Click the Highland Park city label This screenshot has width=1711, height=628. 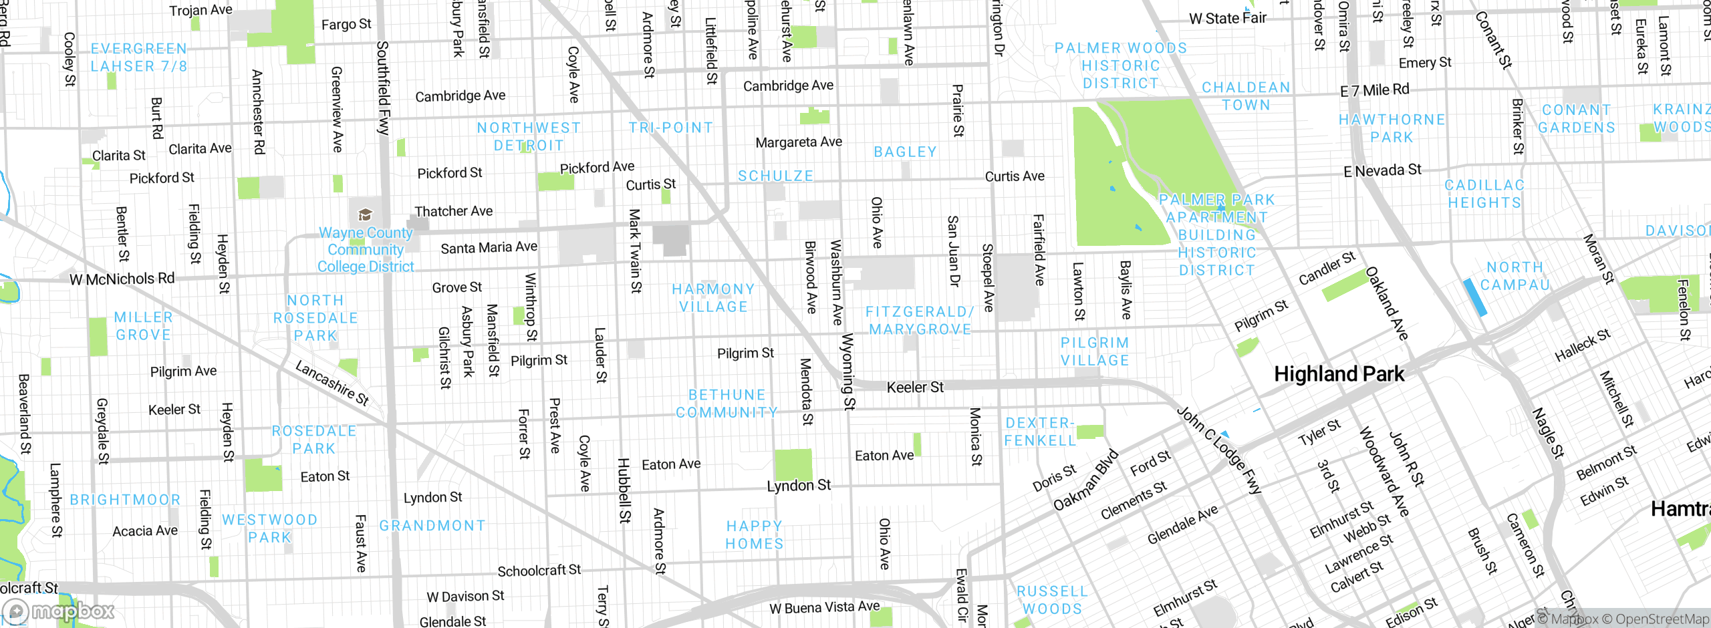tap(1339, 374)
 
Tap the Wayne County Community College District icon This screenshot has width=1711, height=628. tap(365, 214)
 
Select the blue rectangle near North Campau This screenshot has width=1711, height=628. tap(1474, 297)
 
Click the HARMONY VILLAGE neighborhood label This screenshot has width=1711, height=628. tap(713, 298)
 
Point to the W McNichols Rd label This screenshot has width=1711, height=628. tap(122, 279)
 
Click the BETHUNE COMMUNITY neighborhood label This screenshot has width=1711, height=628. tap(727, 404)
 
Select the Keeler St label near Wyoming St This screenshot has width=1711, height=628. tap(914, 387)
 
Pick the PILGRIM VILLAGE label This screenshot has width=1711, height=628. tap(1095, 351)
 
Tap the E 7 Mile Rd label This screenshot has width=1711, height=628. tap(1374, 90)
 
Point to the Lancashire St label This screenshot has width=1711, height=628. tap(332, 383)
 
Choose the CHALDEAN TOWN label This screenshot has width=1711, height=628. tap(1246, 96)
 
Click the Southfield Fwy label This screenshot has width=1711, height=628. tap(382, 88)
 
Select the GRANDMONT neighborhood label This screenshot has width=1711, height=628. tap(432, 526)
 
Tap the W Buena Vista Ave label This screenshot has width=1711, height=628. tap(824, 607)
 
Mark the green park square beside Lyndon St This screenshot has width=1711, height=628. tap(793, 464)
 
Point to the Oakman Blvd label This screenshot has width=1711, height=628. tap(1085, 480)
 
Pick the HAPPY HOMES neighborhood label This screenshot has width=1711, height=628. tap(755, 535)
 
